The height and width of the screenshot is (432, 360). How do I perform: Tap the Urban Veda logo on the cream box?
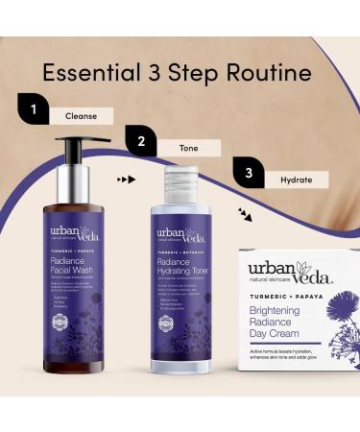[x=287, y=274]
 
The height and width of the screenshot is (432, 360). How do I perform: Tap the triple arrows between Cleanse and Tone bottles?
[x=124, y=180]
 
